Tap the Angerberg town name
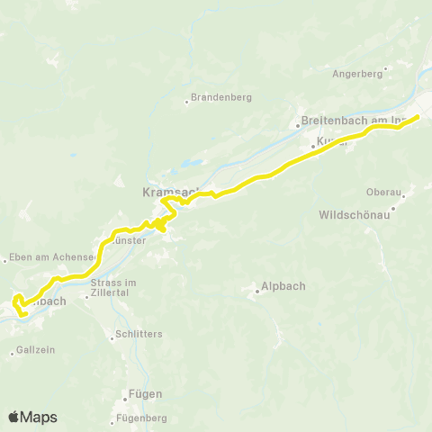tap(357, 74)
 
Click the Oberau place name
tap(382, 192)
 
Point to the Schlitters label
tap(139, 334)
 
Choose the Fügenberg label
tap(142, 418)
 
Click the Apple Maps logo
tap(32, 417)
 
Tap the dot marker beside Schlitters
tap(109, 334)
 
